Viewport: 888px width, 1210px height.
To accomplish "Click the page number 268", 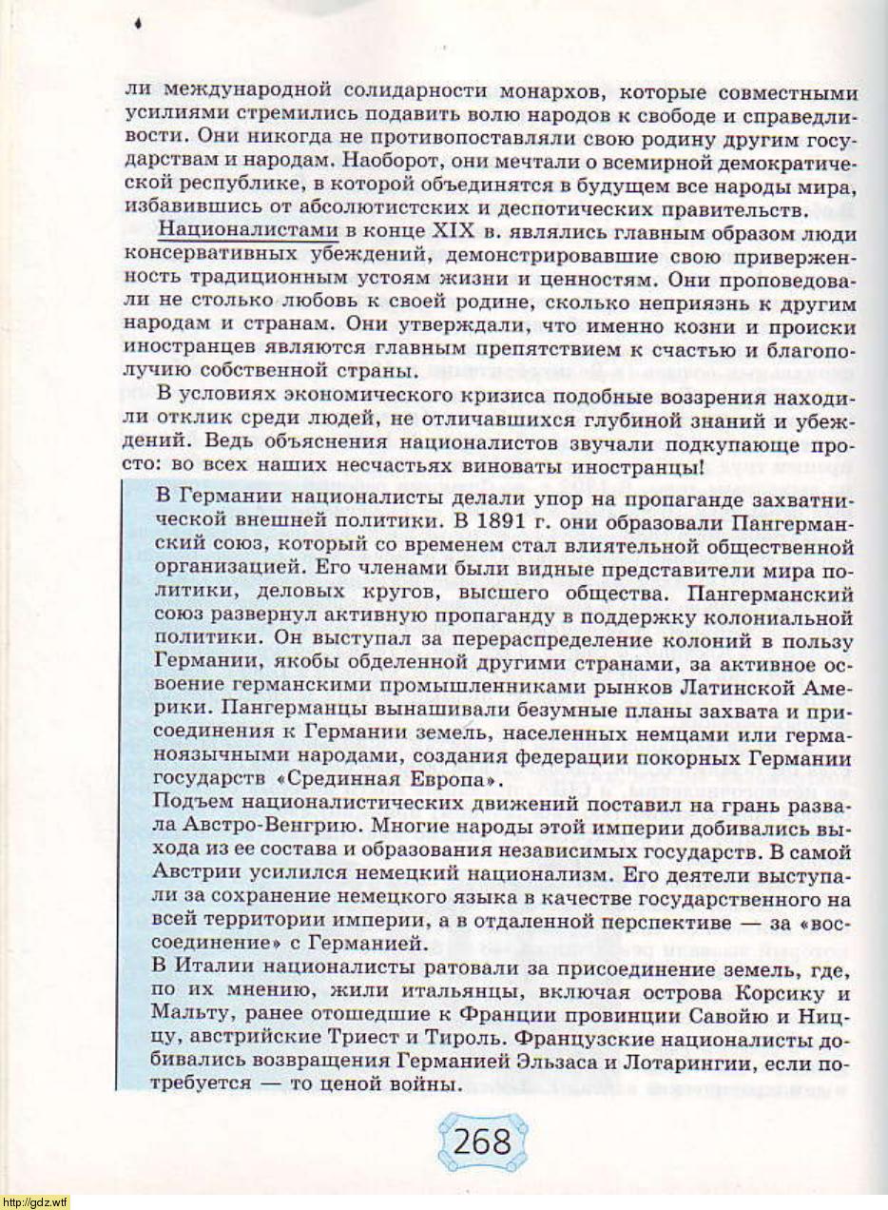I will pyautogui.click(x=482, y=1140).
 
